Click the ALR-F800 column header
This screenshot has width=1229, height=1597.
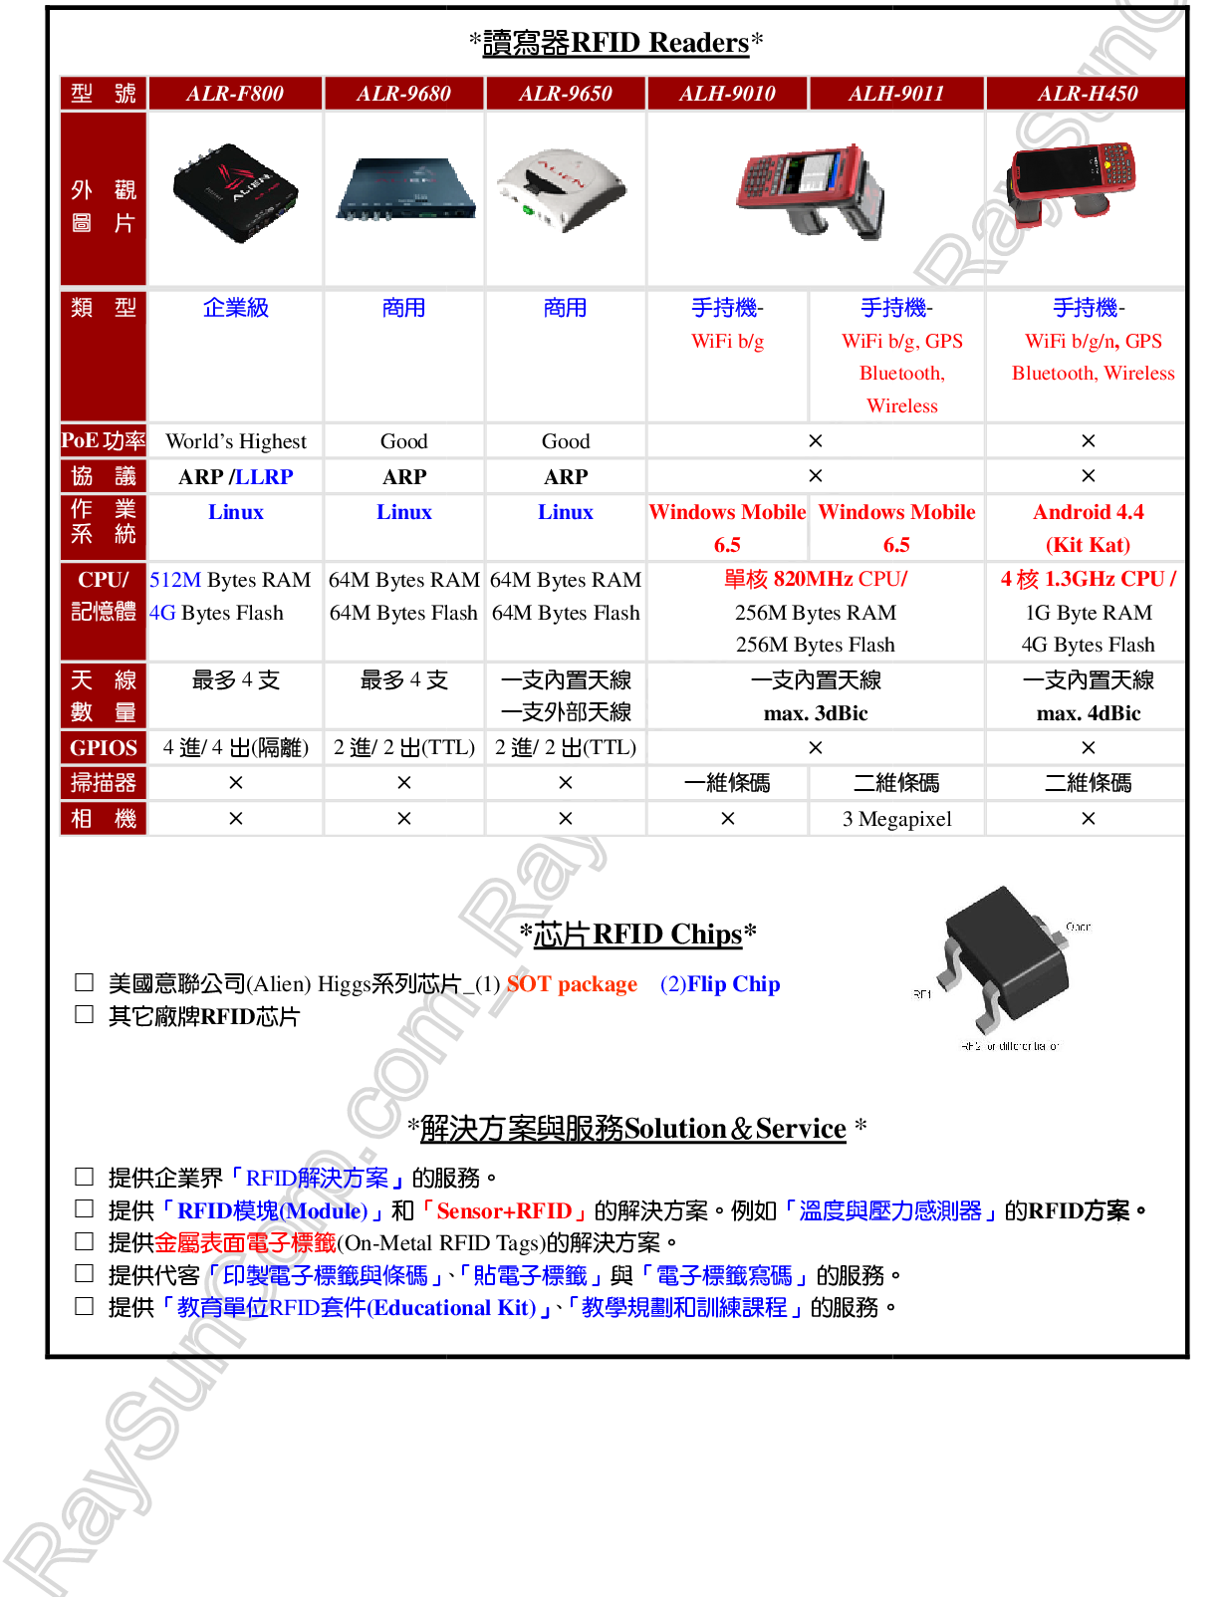point(235,94)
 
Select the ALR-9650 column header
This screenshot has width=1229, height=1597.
point(565,94)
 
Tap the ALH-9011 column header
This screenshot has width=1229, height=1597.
point(895,94)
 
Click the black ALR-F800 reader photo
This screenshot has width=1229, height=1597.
point(235,194)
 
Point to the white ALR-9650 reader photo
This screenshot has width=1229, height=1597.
point(562,190)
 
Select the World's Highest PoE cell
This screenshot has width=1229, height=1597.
point(236,441)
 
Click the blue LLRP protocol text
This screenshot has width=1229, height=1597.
point(264,477)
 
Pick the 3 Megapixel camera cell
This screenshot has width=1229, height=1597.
point(896,819)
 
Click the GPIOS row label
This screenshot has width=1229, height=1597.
point(104,748)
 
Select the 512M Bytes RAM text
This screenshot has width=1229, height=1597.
point(230,580)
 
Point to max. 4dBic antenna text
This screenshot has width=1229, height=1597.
point(1088,713)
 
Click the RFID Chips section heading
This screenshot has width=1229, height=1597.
point(637,933)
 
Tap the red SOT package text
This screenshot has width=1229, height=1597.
point(572,984)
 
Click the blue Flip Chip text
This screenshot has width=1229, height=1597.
point(720,984)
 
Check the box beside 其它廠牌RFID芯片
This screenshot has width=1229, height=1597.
point(85,1015)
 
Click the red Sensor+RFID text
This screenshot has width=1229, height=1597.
point(504,1210)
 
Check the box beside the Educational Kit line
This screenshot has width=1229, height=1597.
point(85,1306)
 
